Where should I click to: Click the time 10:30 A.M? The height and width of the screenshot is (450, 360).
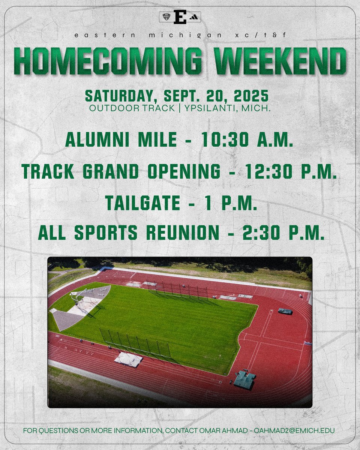(x=248, y=140)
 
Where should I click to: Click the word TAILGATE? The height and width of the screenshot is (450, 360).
(x=142, y=203)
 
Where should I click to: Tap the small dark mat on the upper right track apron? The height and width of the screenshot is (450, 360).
(x=285, y=311)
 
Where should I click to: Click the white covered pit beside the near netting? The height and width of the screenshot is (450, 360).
(x=128, y=359)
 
